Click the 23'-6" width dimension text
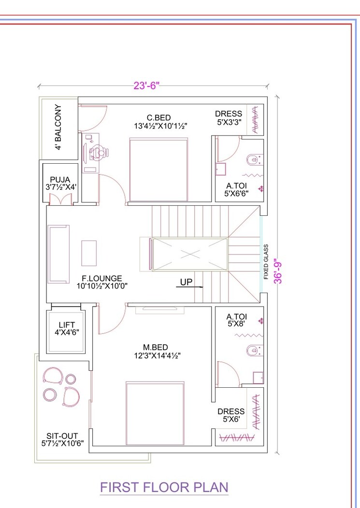pos(146,86)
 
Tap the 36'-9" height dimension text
pos(277,272)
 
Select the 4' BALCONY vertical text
pos(58,127)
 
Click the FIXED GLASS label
pos(266,262)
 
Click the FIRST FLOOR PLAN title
pos(164,487)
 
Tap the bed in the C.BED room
pos(158,170)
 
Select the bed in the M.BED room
pos(155,413)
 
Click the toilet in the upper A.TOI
pos(252,159)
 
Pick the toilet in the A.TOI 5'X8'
pos(252,350)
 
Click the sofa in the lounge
pos(58,253)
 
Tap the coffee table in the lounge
pos(89,253)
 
